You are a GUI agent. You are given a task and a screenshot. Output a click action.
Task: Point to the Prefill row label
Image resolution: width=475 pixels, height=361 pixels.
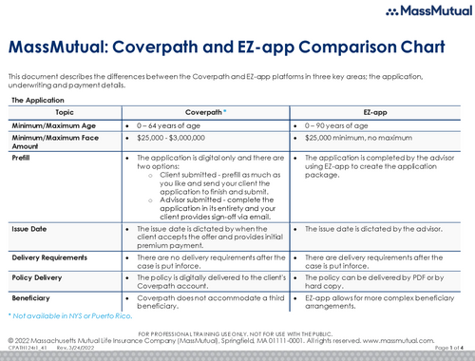coord(21,158)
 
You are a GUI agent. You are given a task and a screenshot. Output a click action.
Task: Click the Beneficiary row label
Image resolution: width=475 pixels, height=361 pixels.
coord(32,298)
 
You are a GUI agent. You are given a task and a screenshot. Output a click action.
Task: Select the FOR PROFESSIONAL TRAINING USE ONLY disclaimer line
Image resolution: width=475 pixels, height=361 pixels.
coord(237,333)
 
